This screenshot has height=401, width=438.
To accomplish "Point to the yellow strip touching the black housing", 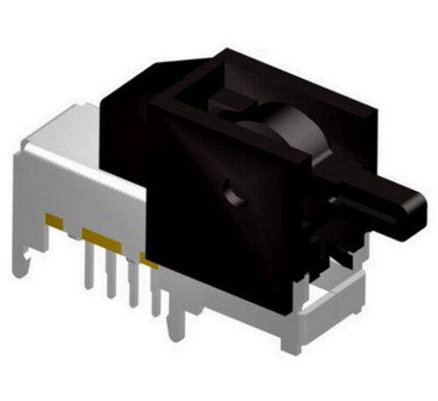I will coord(149,260).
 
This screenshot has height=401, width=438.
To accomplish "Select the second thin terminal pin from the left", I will coord(111,278).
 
